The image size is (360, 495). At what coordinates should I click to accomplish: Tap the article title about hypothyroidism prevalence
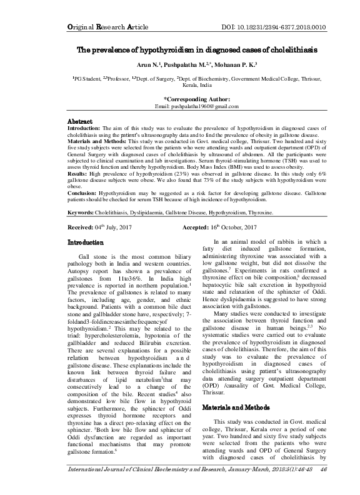179,49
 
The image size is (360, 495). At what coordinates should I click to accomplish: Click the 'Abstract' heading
80,121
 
